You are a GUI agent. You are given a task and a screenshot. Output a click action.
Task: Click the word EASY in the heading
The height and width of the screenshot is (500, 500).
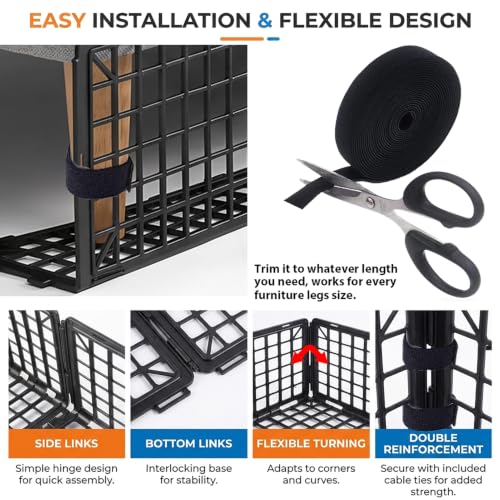click(x=57, y=20)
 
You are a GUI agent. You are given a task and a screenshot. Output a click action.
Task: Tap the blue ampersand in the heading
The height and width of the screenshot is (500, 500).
click(x=265, y=20)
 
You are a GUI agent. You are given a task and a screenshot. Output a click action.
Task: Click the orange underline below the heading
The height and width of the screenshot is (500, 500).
click(x=242, y=39)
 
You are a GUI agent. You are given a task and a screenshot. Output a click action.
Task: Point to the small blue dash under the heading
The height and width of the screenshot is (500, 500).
click(x=273, y=39)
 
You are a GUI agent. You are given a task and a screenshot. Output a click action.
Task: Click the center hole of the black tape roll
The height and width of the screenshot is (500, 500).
click(x=406, y=121)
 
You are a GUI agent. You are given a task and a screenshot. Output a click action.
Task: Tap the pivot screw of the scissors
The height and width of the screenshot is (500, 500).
click(x=371, y=201)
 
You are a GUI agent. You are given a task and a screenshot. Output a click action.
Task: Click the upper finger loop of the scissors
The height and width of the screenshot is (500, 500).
click(x=443, y=199)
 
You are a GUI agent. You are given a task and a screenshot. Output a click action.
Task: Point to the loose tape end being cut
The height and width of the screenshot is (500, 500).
click(x=300, y=197)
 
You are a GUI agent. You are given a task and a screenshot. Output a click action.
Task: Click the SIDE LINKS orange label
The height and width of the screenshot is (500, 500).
click(x=67, y=443)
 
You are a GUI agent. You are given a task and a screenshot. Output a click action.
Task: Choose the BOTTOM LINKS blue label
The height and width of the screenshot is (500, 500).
click(x=189, y=443)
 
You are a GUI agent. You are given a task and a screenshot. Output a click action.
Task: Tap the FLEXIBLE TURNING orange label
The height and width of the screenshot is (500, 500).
click(x=311, y=443)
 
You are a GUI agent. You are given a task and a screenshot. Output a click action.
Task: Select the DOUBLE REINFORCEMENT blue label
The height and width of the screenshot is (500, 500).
click(x=433, y=443)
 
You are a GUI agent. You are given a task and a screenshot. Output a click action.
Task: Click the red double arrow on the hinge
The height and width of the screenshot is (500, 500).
click(x=310, y=353)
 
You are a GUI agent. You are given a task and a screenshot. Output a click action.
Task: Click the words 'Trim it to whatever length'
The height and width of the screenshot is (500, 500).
click(x=326, y=269)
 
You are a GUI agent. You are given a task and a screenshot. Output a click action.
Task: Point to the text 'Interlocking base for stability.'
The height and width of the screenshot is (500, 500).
click(x=189, y=474)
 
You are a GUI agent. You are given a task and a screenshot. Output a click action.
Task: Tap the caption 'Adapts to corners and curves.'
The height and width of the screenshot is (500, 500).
click(x=311, y=474)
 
